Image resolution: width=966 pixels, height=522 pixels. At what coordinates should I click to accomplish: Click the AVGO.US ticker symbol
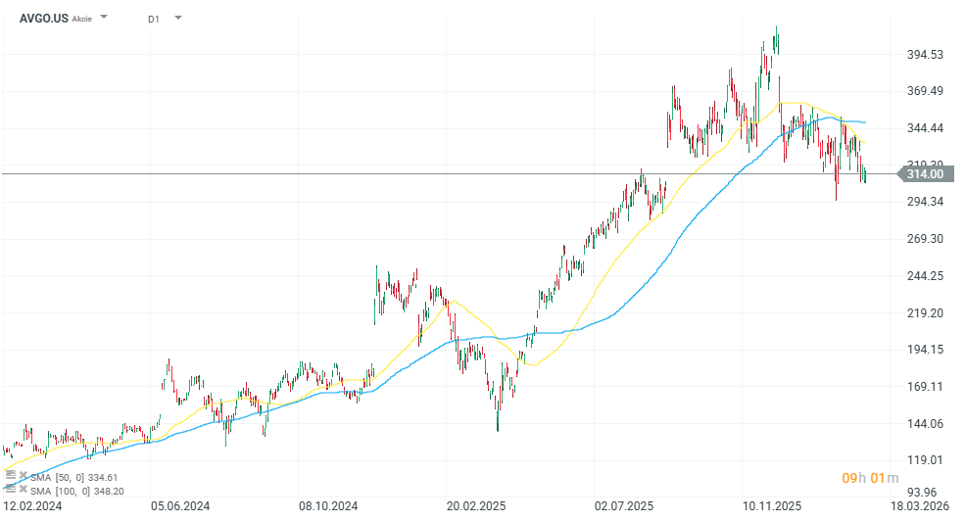tap(43, 18)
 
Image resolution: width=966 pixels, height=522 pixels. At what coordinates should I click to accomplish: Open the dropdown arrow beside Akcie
tap(105, 18)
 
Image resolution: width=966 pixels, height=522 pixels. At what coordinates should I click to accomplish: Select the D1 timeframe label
tap(154, 19)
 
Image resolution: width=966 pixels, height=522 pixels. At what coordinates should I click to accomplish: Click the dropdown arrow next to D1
tap(177, 18)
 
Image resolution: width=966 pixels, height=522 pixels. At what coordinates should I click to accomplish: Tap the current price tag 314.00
tap(925, 174)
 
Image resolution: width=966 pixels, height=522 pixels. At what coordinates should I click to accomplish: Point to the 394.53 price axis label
tap(925, 55)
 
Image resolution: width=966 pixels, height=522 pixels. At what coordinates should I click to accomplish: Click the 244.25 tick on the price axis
tap(925, 276)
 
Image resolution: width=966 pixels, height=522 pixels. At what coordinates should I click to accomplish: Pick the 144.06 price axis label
tap(925, 424)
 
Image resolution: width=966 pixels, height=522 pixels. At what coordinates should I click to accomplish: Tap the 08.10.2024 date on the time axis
tap(328, 506)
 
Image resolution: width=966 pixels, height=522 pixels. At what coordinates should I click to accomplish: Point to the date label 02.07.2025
tap(624, 506)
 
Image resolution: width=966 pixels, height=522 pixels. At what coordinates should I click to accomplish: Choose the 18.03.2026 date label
tap(921, 506)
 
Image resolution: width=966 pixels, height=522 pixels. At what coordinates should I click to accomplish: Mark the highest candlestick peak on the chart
tap(777, 27)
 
